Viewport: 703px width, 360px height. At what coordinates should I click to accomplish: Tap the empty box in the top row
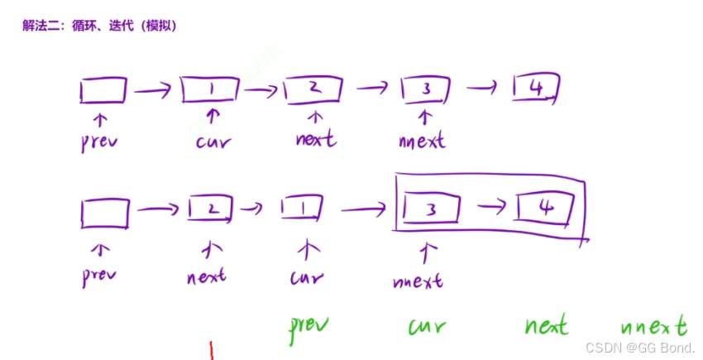tap(104, 89)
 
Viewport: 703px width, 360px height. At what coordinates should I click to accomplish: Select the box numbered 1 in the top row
tap(211, 89)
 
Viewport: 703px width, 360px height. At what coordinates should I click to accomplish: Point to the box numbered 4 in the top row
tap(537, 87)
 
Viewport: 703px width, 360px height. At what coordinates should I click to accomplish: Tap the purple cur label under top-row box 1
tap(213, 142)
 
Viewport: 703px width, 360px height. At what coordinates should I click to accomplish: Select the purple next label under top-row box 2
tap(316, 138)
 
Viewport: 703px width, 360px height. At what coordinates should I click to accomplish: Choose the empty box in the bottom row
tap(105, 214)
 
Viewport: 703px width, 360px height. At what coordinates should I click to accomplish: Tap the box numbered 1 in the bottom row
tap(302, 209)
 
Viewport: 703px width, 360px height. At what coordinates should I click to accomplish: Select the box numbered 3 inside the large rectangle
tap(430, 211)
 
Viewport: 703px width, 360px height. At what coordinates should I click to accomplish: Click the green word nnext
tap(653, 325)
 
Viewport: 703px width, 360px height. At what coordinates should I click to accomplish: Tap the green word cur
tap(427, 327)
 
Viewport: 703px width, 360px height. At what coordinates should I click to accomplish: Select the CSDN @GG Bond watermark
tap(640, 348)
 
